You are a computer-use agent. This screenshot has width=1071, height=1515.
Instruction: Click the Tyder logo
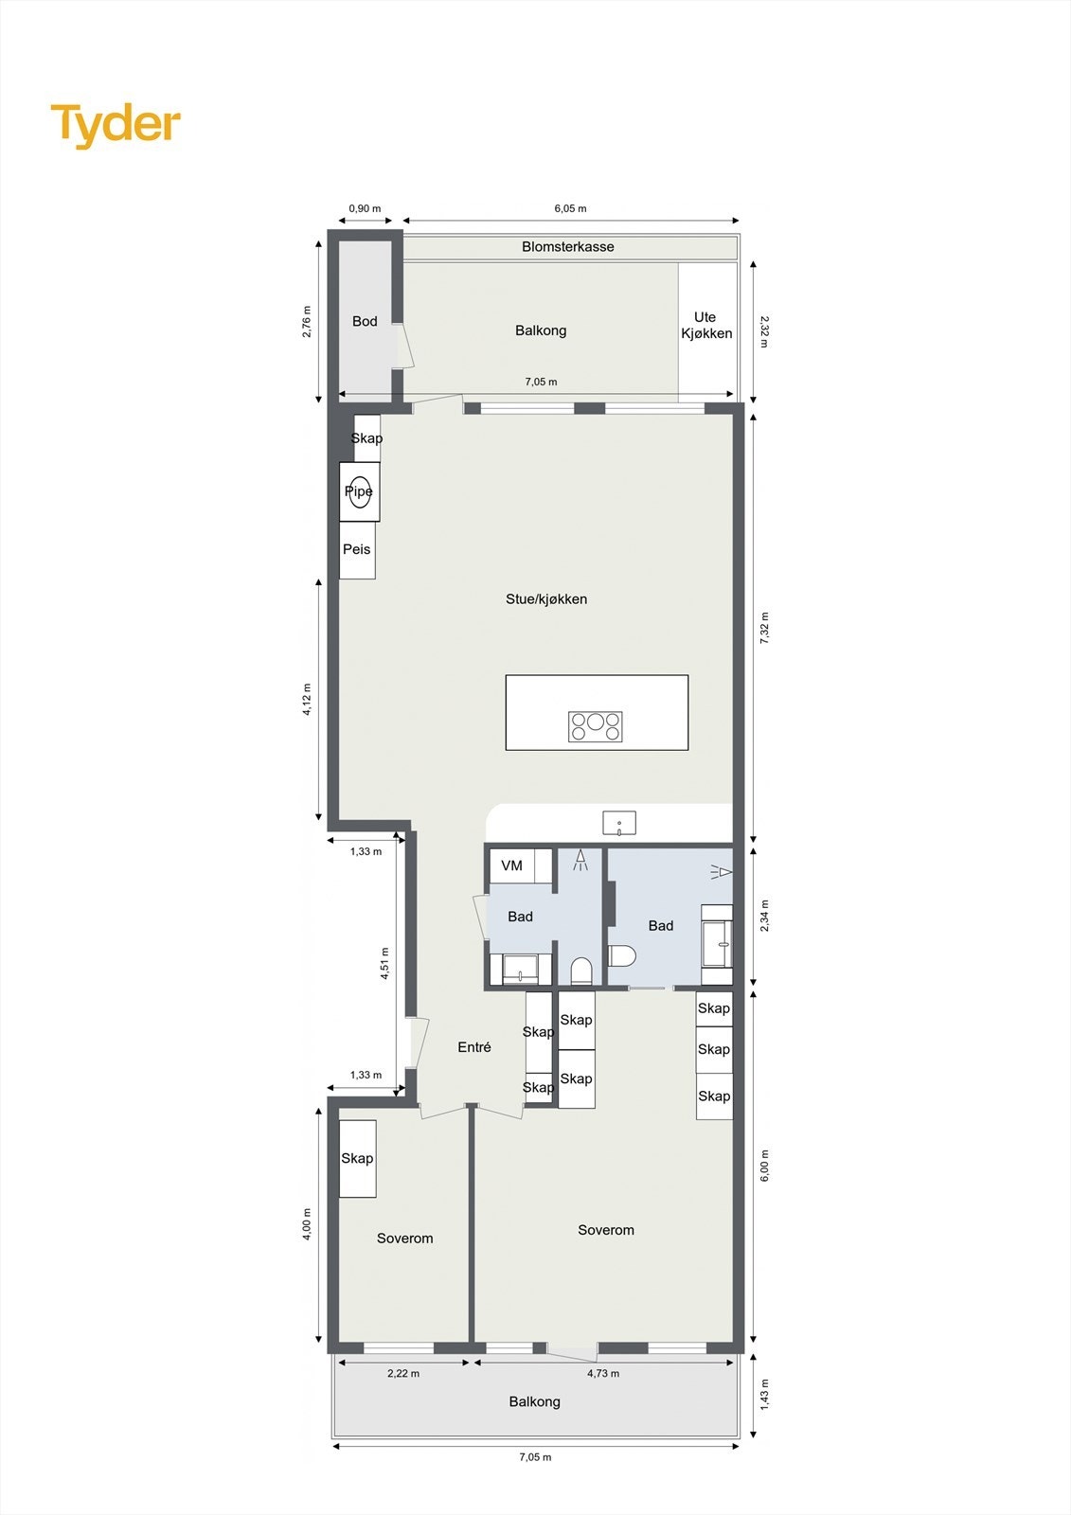point(116,125)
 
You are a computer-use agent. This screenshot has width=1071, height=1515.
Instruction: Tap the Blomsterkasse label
point(568,247)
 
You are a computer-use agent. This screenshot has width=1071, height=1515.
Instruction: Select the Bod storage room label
point(365,322)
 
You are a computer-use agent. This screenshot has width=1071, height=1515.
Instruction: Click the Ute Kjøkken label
point(706,325)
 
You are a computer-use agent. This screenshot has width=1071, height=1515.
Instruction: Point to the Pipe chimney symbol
point(359,491)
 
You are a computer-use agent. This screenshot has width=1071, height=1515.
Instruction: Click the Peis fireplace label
point(357,549)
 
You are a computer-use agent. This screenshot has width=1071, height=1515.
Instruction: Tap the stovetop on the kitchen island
point(596,726)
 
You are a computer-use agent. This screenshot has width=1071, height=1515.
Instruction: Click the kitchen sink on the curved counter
point(619,823)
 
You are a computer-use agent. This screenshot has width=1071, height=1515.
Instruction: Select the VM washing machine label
point(511,865)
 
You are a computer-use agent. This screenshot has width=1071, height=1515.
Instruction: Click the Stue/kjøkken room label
point(546,599)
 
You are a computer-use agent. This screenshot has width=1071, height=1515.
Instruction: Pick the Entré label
point(474,1047)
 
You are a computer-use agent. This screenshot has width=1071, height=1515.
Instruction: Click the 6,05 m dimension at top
point(570,208)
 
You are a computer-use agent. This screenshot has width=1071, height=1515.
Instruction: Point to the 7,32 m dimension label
point(765,629)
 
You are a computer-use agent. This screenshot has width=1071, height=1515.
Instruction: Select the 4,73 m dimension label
point(603,1373)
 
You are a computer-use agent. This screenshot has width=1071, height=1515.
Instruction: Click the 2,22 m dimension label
point(403,1373)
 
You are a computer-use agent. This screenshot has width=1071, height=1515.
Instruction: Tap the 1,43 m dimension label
point(765,1394)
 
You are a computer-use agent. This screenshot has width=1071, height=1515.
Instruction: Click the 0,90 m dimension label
point(365,208)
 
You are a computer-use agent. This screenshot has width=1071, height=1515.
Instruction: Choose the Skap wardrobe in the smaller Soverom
point(357,1158)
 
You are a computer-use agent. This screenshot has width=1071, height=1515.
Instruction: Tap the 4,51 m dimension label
point(385,964)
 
